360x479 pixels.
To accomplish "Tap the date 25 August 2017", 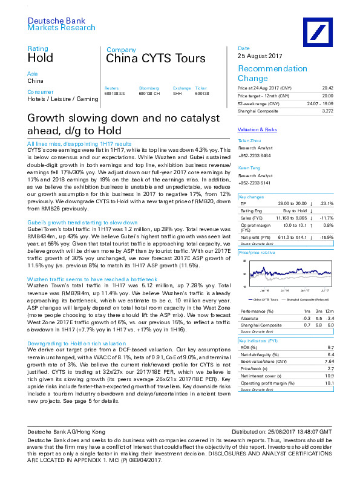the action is pyautogui.click(x=257, y=56).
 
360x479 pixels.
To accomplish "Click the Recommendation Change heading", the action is pyautogui.click(x=272, y=73).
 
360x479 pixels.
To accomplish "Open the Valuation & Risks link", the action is pyautogui.click(x=257, y=129).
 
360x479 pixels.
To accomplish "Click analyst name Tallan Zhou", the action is pyautogui.click(x=249, y=140).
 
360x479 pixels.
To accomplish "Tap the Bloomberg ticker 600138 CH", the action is pyautogui.click(x=149, y=93).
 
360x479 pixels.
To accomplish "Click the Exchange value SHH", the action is pyautogui.click(x=177, y=93).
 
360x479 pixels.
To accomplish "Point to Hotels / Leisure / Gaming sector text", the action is pyautogui.click(x=62, y=99).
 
